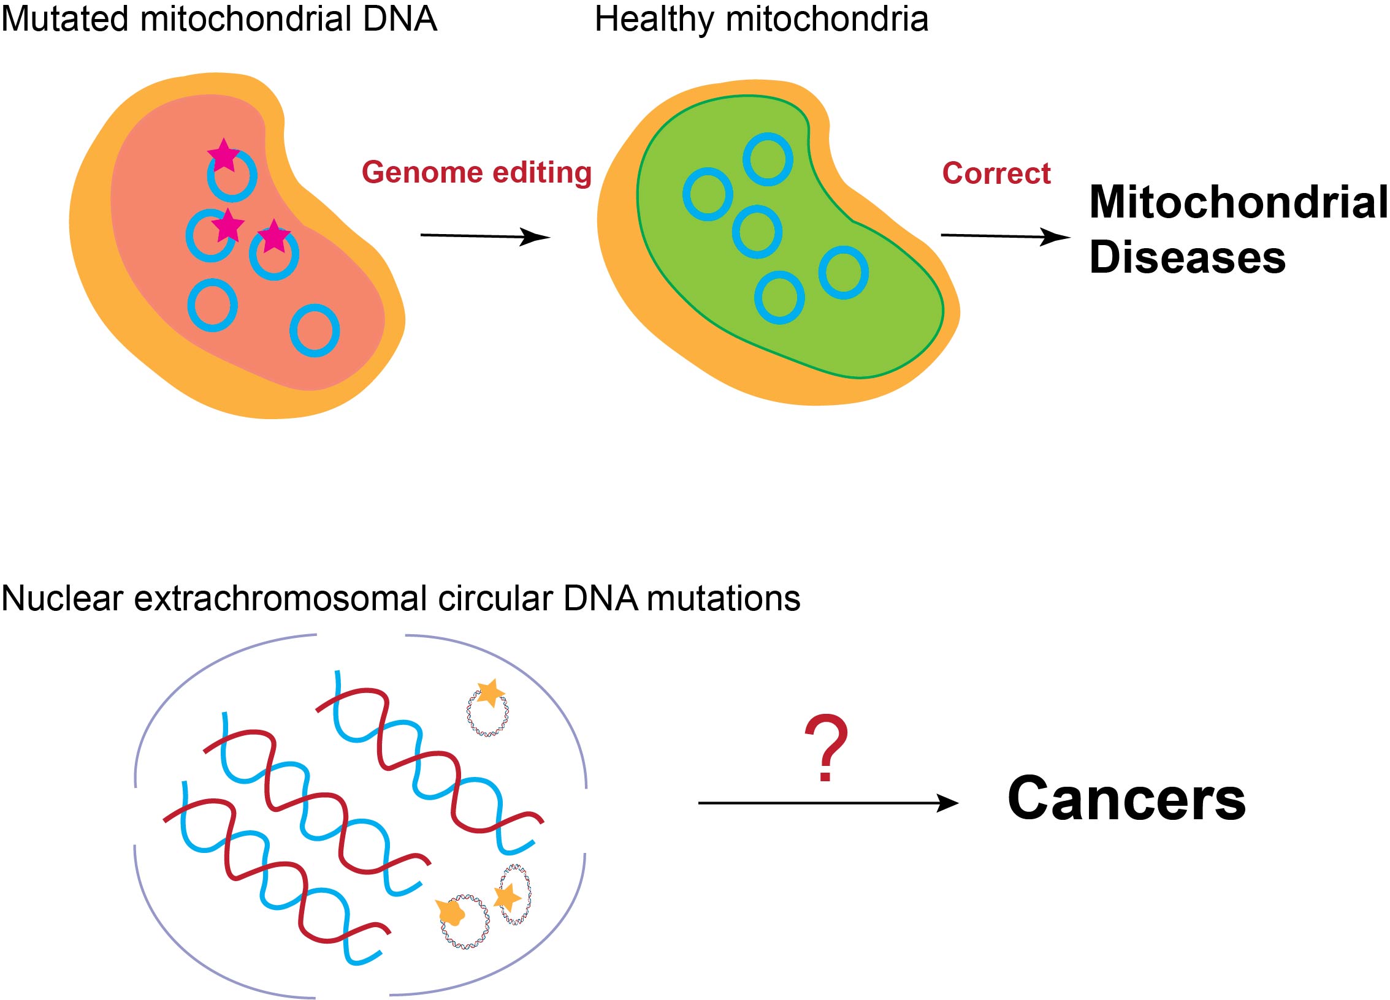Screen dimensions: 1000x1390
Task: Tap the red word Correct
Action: point(996,173)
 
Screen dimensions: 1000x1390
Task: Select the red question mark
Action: point(826,748)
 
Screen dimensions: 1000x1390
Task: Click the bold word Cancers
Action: point(1126,799)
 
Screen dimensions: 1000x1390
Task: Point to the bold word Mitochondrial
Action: point(1238,202)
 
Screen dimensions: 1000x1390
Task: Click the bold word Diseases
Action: point(1187,257)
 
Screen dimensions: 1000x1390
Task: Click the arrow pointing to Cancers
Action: point(828,803)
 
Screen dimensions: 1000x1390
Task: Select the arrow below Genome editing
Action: point(484,236)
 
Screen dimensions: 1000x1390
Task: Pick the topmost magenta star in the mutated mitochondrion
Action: point(223,155)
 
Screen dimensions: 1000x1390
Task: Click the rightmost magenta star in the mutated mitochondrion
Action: point(273,237)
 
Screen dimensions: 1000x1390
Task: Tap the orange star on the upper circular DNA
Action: point(491,692)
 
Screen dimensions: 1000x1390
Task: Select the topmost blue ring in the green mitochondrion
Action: point(767,159)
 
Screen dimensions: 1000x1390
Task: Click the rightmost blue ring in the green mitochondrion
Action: point(844,273)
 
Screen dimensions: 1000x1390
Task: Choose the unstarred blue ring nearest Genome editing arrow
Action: point(315,330)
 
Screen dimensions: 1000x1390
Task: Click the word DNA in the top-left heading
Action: point(400,20)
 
